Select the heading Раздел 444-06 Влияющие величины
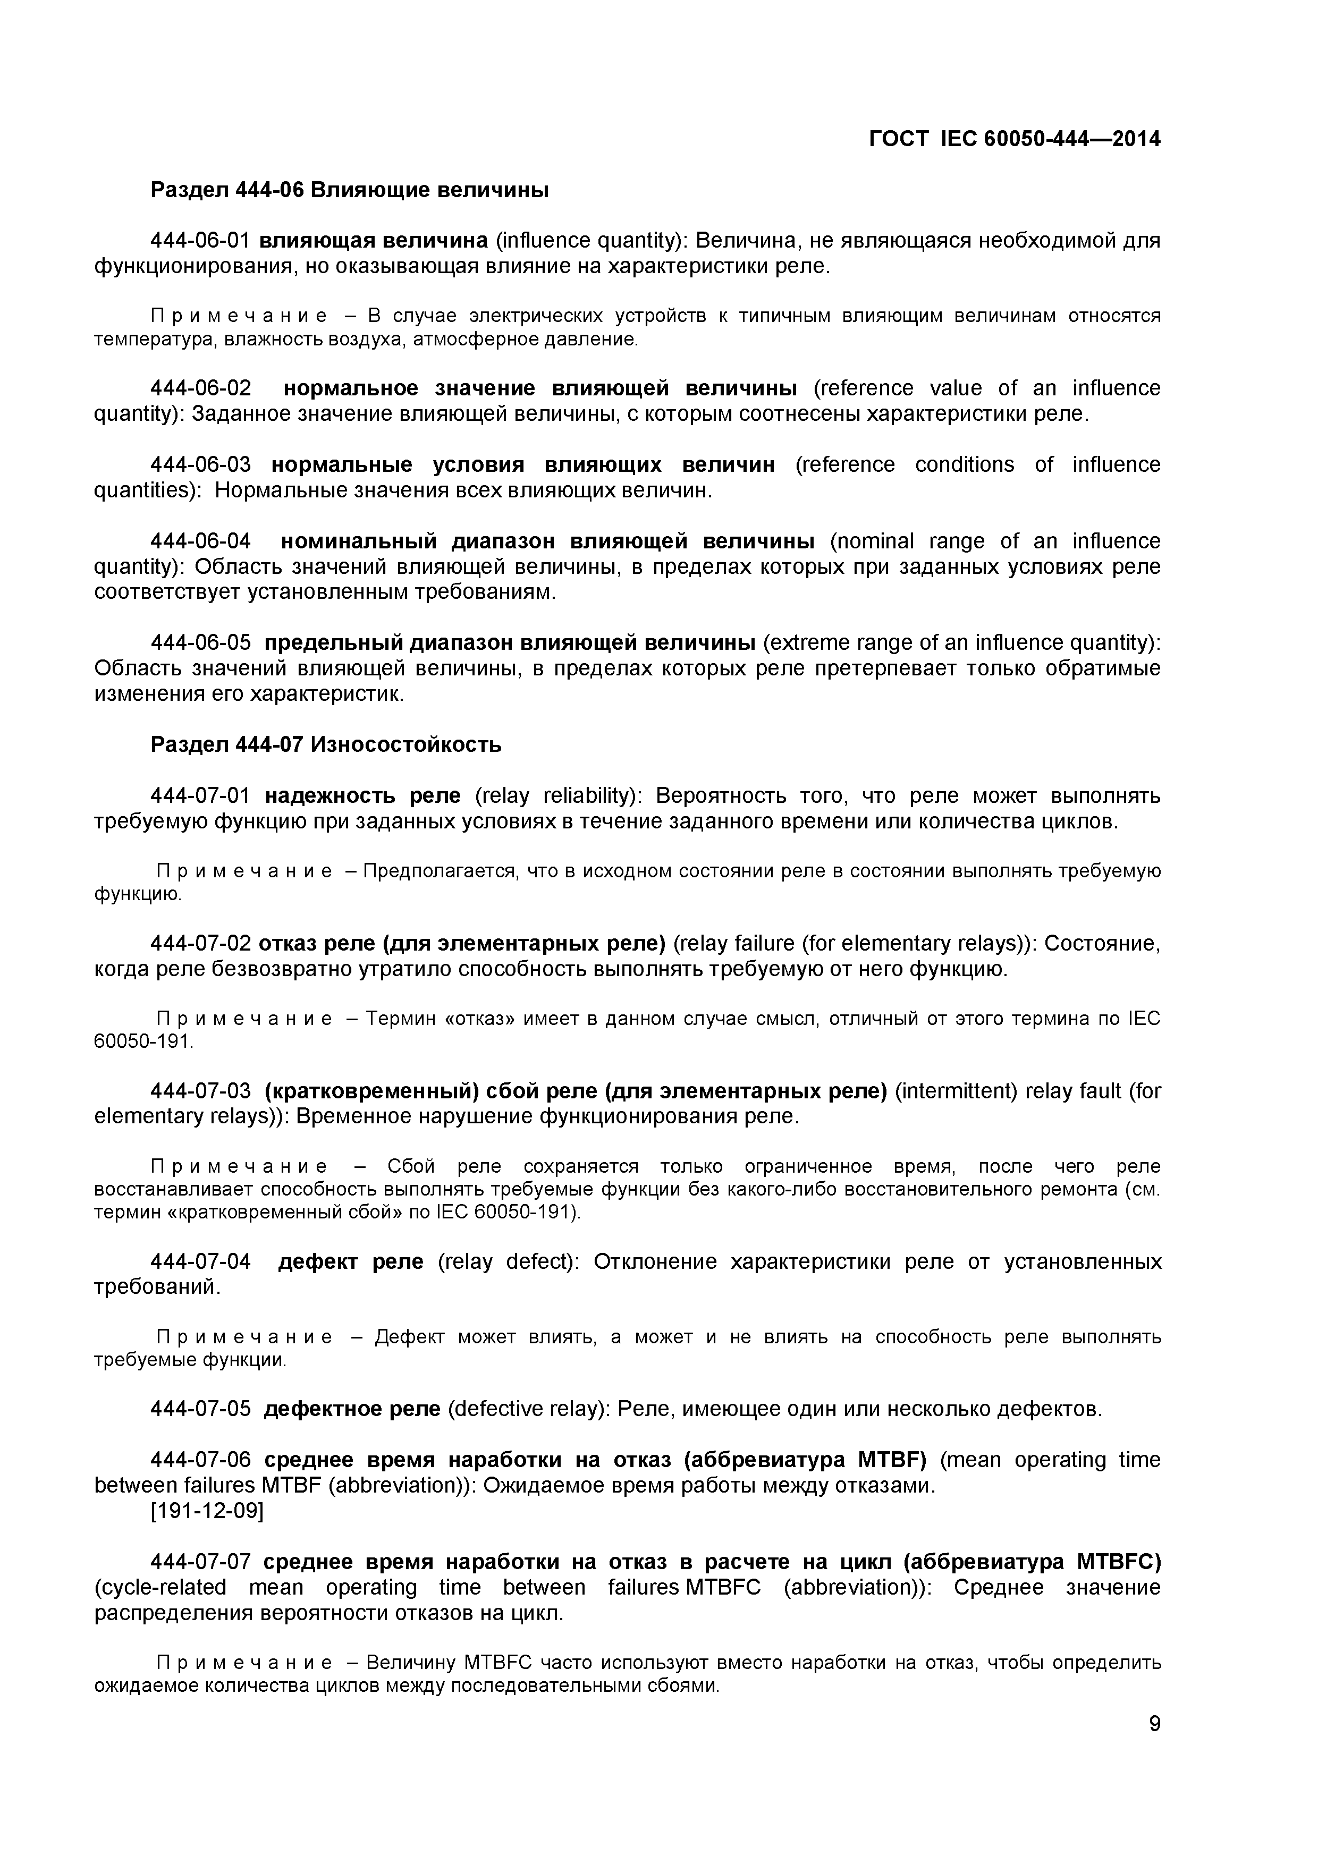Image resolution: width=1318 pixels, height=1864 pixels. click(x=349, y=190)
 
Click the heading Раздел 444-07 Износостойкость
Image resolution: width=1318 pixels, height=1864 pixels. click(x=326, y=744)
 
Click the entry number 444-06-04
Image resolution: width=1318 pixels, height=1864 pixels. click(x=200, y=541)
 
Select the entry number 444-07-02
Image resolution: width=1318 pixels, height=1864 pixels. click(x=200, y=943)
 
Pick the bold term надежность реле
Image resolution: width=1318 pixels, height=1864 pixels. click(x=362, y=795)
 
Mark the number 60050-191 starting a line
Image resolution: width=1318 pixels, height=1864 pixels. click(x=143, y=1041)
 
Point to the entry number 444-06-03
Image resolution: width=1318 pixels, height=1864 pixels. click(x=200, y=465)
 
